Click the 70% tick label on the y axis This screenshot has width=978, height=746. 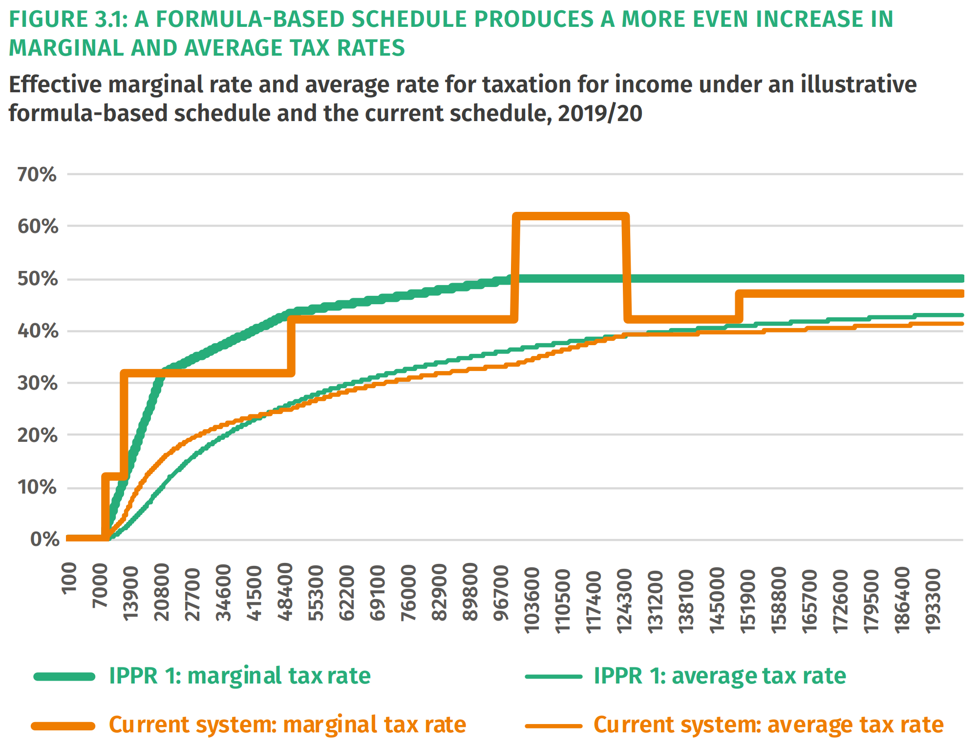tap(37, 175)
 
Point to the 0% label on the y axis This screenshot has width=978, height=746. tap(45, 539)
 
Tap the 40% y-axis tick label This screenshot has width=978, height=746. tap(37, 332)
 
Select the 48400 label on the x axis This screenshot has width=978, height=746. tap(285, 592)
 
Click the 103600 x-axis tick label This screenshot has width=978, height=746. tap(532, 600)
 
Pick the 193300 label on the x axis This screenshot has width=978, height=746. tap(934, 601)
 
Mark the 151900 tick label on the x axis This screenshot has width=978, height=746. tap(748, 600)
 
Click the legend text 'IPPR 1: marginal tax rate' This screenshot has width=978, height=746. tap(239, 676)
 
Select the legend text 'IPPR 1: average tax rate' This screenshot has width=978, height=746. tap(720, 676)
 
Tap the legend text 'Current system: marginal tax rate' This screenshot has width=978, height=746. tap(287, 725)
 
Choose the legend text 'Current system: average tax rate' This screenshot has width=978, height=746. tap(768, 725)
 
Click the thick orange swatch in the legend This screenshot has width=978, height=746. tap(64, 726)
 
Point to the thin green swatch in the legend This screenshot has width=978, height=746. tap(553, 677)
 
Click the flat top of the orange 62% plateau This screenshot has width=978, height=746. tap(571, 216)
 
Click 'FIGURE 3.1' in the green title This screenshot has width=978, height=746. tap(67, 20)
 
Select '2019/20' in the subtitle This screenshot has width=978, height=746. tap(600, 114)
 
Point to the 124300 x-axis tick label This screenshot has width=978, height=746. tap(624, 600)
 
